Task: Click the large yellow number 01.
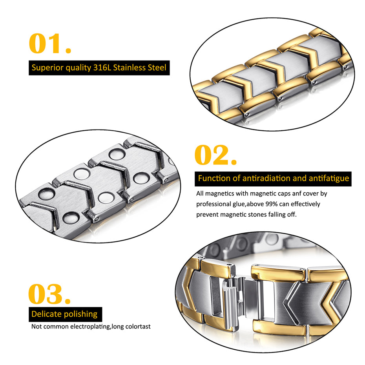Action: (49, 44)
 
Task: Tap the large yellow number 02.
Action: (215, 155)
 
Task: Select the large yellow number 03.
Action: (49, 294)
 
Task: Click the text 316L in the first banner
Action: (102, 68)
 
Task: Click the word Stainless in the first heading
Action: (132, 68)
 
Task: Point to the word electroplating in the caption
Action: (91, 327)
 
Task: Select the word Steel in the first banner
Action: (159, 68)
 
